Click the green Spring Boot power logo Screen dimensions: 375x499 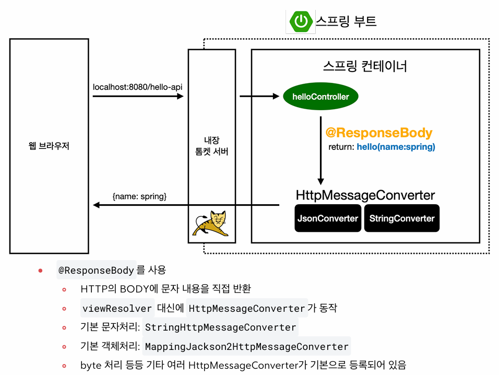click(300, 21)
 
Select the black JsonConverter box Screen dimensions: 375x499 click(328, 218)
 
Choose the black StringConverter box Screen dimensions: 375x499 click(402, 218)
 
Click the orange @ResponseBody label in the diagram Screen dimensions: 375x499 click(379, 133)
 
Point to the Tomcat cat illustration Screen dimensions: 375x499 click(211, 224)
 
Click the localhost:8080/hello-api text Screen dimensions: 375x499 click(137, 86)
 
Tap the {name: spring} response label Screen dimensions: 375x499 click(139, 196)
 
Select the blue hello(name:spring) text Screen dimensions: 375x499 click(396, 147)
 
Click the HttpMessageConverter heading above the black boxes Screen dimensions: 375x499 click(365, 195)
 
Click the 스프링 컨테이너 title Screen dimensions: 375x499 click(365, 67)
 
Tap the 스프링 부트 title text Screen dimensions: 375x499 click(346, 21)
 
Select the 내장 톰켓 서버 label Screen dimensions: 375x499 click(211, 146)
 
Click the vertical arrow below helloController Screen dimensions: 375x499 click(321, 148)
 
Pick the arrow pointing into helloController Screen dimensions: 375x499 click(259, 97)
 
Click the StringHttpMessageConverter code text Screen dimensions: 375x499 click(220, 327)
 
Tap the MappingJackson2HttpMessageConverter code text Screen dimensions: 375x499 click(246, 346)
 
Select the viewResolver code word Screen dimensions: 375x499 click(117, 308)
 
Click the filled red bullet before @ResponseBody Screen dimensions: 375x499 click(40, 271)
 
